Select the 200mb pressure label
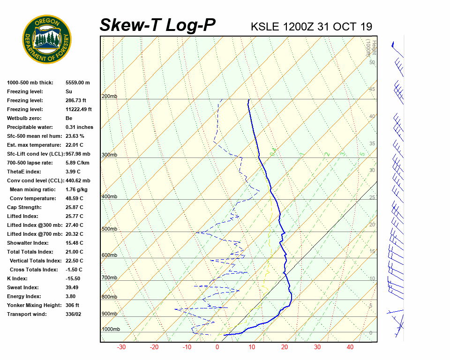point(109,97)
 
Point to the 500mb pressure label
point(109,229)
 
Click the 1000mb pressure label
point(111,330)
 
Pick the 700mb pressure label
point(109,278)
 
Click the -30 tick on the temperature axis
point(121,347)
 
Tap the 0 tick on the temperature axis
point(217,347)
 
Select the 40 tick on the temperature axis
point(350,347)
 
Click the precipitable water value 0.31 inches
point(79,127)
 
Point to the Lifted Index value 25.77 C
point(75,216)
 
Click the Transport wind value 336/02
point(75,314)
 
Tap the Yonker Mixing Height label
point(33,305)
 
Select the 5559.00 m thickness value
point(78,82)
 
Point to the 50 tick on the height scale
point(372,62)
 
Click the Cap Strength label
point(24,207)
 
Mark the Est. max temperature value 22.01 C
point(75,145)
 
